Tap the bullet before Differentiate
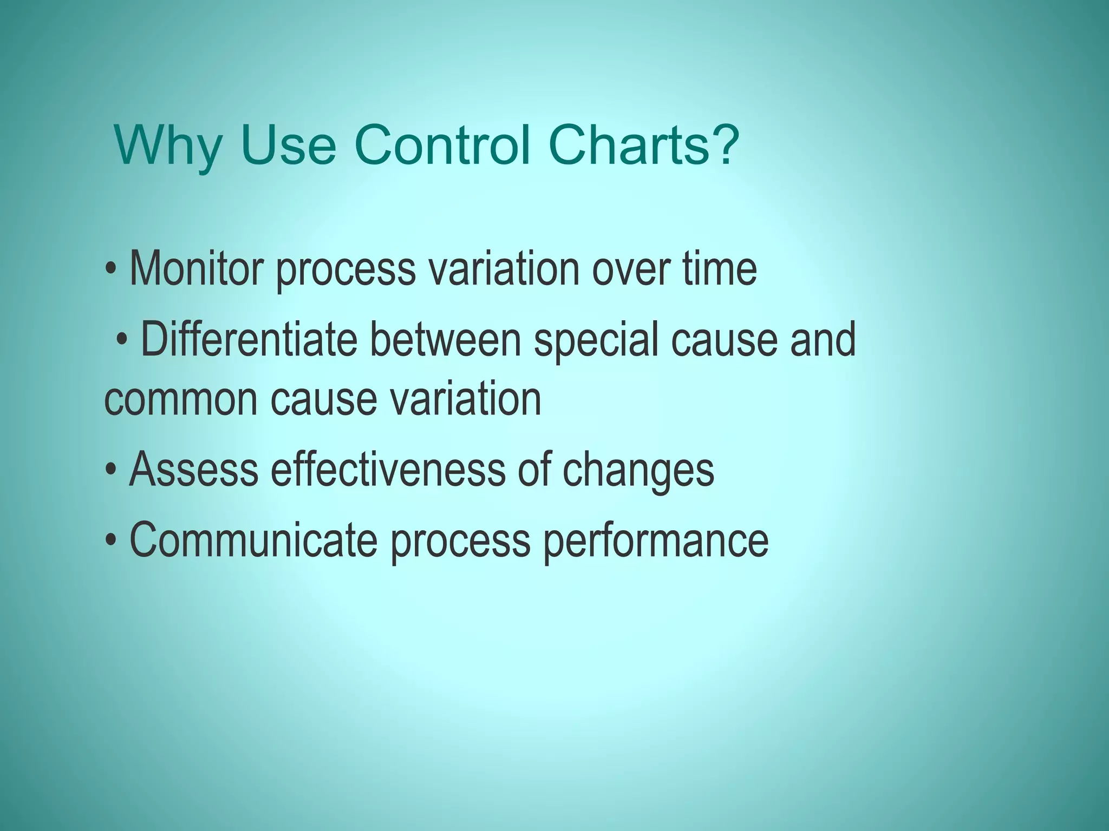coord(123,340)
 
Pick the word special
coord(596,341)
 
